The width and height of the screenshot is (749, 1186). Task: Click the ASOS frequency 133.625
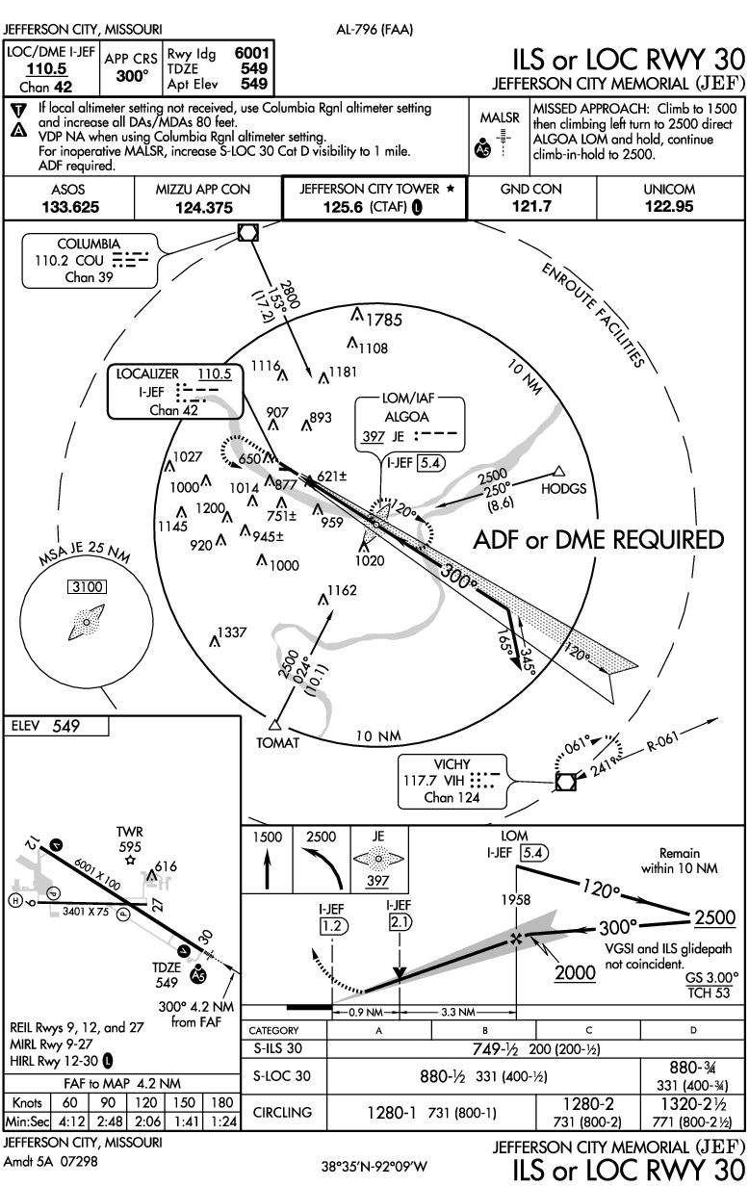(70, 206)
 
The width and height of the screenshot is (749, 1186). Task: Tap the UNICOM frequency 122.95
(671, 206)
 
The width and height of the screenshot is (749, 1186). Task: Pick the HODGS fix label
(563, 489)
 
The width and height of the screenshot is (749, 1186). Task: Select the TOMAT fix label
(276, 742)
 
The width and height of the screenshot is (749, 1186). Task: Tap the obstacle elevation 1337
(232, 632)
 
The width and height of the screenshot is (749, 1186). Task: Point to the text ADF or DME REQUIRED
(598, 540)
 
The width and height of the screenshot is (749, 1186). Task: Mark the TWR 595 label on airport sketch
(129, 838)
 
